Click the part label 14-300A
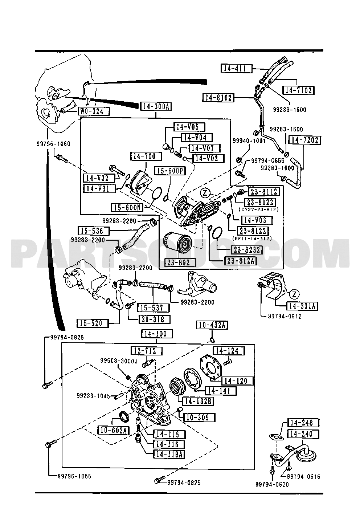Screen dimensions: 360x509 pos(156,106)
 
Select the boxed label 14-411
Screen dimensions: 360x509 pos(237,68)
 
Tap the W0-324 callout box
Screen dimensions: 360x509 pos(94,111)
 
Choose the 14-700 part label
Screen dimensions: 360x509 pos(146,156)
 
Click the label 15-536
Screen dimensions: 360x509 pos(94,231)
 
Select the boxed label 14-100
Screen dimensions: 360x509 pos(157,334)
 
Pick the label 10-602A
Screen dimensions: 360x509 pos(113,430)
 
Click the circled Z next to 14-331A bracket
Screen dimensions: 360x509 pos(294,294)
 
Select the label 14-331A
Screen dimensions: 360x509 pos(302,306)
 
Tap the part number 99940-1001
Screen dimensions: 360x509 pos(249,141)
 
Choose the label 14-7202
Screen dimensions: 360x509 pos(304,140)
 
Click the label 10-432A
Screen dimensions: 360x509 pos(212,325)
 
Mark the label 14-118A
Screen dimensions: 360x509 pos(169,454)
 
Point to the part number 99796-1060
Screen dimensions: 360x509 pos(53,144)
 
